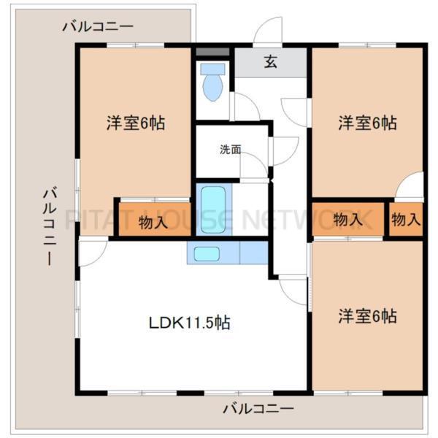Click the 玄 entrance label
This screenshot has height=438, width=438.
271,62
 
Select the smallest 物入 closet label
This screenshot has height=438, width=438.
406,219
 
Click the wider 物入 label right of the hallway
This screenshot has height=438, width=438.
348,219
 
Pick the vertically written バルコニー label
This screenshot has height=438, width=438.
50,226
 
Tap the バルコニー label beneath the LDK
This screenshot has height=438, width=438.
258,408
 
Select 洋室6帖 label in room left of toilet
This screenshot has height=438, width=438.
135,124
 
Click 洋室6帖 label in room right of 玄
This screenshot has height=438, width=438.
367,124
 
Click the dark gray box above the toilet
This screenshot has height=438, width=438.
212,53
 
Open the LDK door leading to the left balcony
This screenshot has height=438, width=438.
93,253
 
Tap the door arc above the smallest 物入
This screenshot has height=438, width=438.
411,185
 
